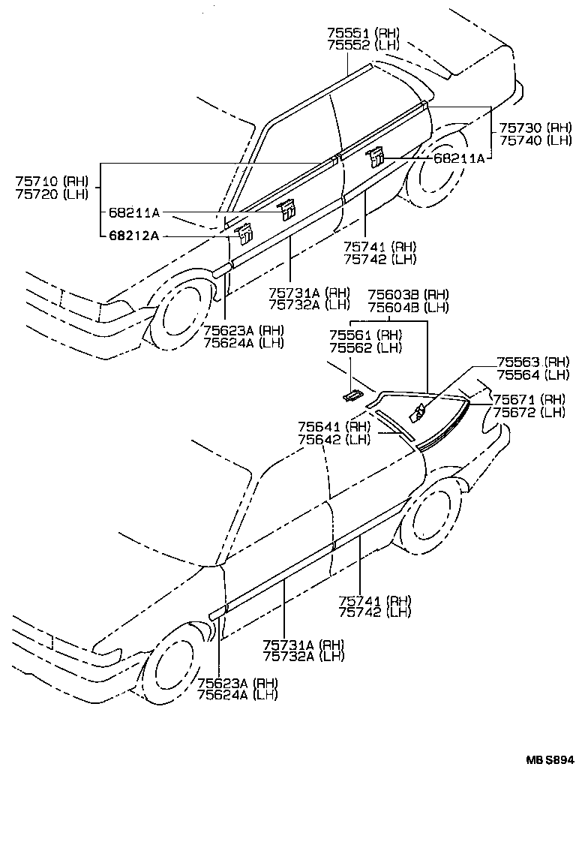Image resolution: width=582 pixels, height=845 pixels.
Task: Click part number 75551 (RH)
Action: [x=364, y=33]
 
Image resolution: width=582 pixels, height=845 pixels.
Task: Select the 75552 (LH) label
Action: [x=364, y=44]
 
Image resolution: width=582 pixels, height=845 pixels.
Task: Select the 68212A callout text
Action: [x=134, y=236]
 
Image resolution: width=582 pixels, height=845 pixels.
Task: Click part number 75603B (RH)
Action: [x=407, y=295]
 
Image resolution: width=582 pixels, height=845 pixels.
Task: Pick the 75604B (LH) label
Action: [x=407, y=307]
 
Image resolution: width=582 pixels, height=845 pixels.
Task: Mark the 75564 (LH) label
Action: [x=532, y=374]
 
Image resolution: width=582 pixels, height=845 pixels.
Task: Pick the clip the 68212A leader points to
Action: [x=243, y=233]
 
